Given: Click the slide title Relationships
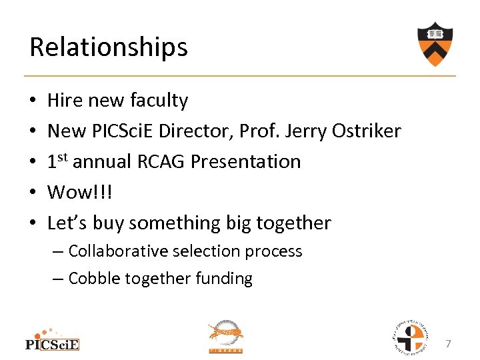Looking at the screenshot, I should click(x=109, y=47).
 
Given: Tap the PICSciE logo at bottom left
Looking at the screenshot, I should click(x=52, y=339).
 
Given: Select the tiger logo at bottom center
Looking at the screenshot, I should click(x=226, y=336).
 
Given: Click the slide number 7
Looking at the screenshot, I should click(x=448, y=344).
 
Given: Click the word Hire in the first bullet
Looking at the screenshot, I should click(x=64, y=101).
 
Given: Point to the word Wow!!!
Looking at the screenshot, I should click(x=81, y=193).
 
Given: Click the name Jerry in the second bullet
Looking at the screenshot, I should click(x=304, y=131).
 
